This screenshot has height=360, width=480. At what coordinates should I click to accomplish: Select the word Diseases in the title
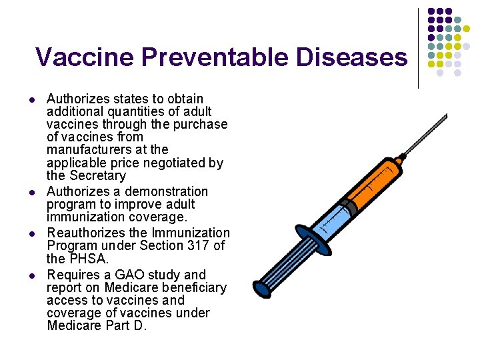[351, 57]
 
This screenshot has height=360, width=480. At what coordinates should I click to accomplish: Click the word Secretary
[96, 176]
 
